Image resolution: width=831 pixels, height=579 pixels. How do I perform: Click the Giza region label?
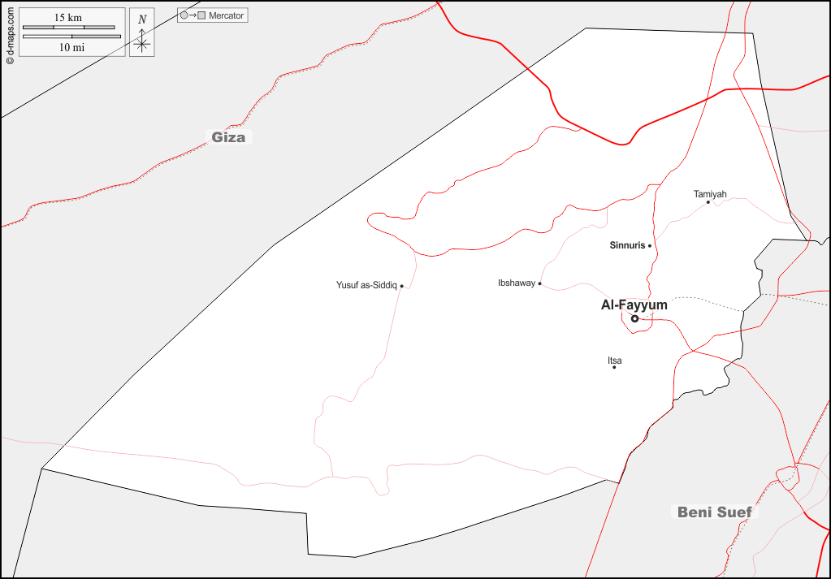pyautogui.click(x=228, y=137)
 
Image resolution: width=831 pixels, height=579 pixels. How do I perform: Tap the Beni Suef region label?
pyautogui.click(x=705, y=512)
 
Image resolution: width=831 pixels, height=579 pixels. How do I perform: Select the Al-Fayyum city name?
pyautogui.click(x=634, y=305)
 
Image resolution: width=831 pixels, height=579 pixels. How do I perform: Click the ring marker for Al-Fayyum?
pyautogui.click(x=635, y=318)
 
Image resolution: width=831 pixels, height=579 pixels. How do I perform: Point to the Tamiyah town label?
pyautogui.click(x=710, y=194)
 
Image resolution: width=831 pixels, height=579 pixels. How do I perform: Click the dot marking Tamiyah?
pyautogui.click(x=708, y=202)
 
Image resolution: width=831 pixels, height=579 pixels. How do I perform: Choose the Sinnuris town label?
pyautogui.click(x=627, y=244)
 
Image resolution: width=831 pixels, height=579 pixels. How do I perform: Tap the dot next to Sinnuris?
pyautogui.click(x=650, y=245)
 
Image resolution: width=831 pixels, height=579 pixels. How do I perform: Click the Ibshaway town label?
pyautogui.click(x=517, y=283)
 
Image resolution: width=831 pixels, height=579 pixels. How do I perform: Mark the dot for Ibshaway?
pyautogui.click(x=539, y=283)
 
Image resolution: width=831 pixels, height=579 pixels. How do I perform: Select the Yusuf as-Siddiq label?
pyautogui.click(x=366, y=285)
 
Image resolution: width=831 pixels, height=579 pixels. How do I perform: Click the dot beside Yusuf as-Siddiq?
pyautogui.click(x=401, y=286)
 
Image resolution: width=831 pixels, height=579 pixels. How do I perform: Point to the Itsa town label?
pyautogui.click(x=615, y=360)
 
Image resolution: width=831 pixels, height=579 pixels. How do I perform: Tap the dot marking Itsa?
pyautogui.click(x=614, y=367)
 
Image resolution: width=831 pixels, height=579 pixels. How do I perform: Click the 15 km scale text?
pyautogui.click(x=68, y=18)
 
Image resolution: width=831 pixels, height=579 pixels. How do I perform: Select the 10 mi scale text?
pyautogui.click(x=71, y=47)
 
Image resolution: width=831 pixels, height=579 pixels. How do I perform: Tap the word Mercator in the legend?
pyautogui.click(x=226, y=16)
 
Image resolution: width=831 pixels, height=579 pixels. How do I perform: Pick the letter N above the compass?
pyautogui.click(x=142, y=19)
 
